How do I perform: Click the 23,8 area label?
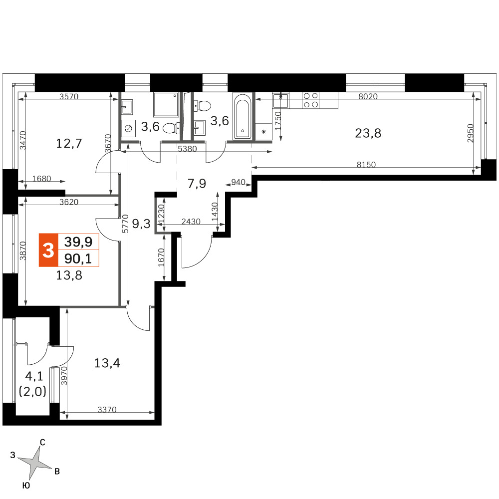coord(368,133)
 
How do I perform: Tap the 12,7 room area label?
coord(69,143)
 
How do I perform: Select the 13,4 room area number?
coord(107,363)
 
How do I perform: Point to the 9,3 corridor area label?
coord(141,224)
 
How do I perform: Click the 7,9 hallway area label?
coord(197,184)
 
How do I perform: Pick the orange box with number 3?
coord(48,250)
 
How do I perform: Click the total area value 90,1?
coord(78,258)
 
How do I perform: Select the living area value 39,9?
coord(78,242)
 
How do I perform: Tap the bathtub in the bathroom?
coord(243,116)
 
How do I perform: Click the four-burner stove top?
coord(310,100)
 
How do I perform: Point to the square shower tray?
coord(166,105)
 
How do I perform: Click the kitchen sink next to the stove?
coord(280,101)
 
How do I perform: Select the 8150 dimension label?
coord(366,165)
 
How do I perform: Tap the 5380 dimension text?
coord(188,149)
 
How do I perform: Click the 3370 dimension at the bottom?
coord(107,410)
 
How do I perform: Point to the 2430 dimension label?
coord(191,221)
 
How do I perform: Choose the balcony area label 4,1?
coord(34,377)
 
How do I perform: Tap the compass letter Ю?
coord(26,486)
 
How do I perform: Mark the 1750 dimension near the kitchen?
coord(278,121)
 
